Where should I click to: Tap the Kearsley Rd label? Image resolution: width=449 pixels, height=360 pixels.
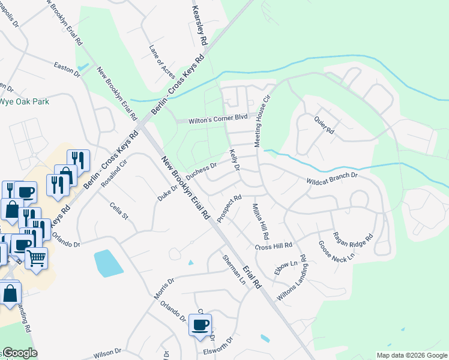point(199,26)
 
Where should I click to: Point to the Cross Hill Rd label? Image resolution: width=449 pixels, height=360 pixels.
point(273,247)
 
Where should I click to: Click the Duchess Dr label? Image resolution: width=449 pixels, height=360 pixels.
point(201,171)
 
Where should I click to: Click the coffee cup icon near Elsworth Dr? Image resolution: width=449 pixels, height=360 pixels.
point(200,325)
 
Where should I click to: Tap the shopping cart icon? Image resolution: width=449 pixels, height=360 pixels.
point(37,259)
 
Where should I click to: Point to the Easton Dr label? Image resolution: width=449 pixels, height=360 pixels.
point(67,68)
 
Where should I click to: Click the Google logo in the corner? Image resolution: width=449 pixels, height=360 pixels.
point(19,353)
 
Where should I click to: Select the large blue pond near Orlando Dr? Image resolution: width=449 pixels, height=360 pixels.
point(107,263)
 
